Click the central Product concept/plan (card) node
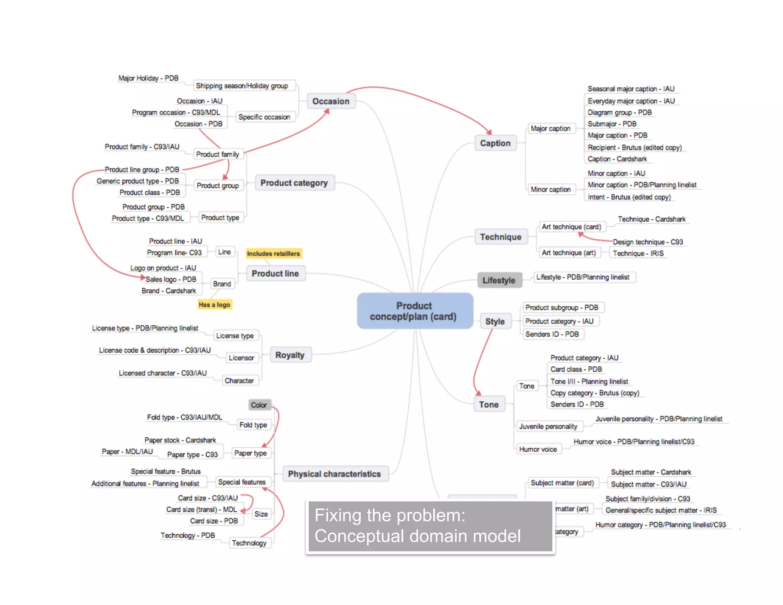point(415,311)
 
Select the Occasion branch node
point(331,101)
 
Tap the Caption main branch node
point(495,143)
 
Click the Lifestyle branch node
point(499,280)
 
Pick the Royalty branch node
point(290,355)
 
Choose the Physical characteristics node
point(335,474)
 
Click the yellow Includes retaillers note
point(273,254)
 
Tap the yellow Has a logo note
point(214,305)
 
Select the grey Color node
point(259,405)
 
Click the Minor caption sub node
point(551,189)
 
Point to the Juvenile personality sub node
point(548,426)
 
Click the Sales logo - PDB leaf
point(171,279)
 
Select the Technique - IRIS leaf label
point(638,254)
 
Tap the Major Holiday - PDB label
point(148,78)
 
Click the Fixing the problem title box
point(430,526)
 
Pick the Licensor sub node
point(241,358)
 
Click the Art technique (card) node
point(571,227)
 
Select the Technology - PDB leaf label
point(188,535)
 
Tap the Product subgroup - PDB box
point(562,307)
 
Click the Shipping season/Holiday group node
point(242,86)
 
